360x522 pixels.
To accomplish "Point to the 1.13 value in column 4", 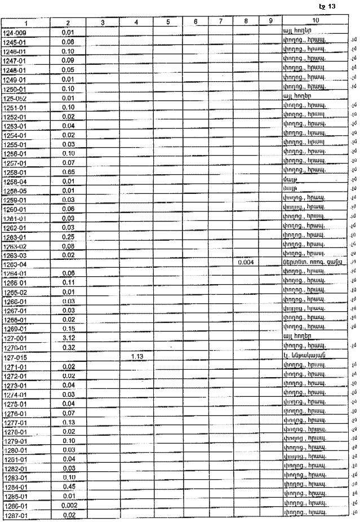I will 137,356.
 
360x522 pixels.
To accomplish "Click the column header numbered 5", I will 168,21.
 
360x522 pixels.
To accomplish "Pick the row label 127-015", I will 14,357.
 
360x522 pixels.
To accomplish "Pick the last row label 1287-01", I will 15,516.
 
